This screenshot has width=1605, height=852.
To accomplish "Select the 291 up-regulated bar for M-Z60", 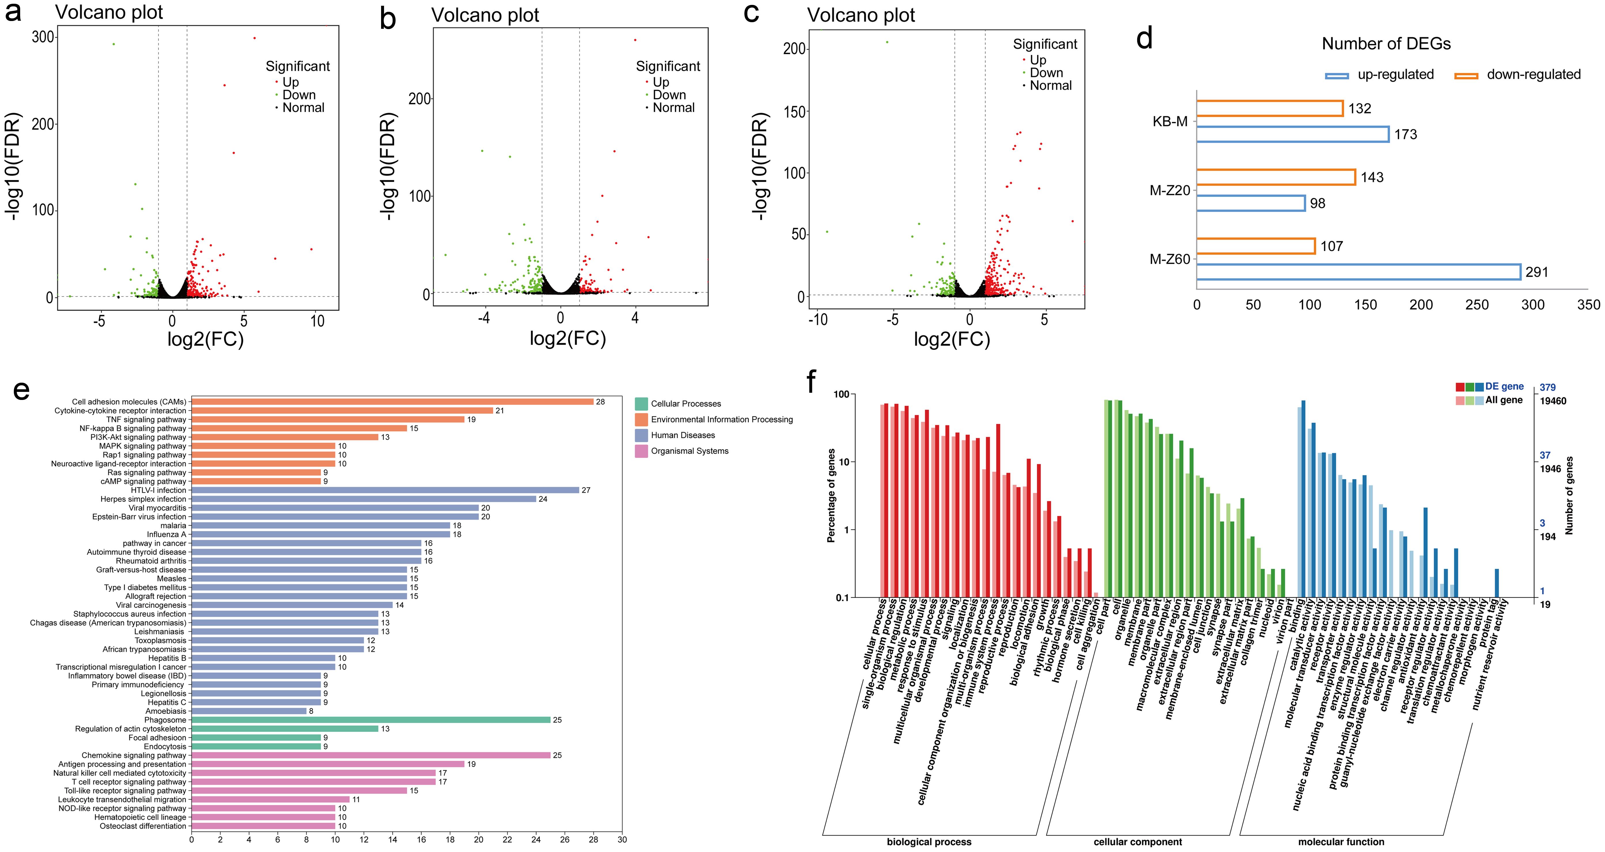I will coord(1358,272).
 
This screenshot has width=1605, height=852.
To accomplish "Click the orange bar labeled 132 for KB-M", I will coord(1269,108).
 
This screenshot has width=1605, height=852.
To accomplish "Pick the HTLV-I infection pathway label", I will coord(158,490).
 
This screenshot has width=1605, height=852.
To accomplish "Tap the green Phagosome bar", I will coord(371,720).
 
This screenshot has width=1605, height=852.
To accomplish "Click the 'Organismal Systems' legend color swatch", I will coord(641,451).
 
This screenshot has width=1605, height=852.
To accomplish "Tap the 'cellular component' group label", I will coord(1138,842).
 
